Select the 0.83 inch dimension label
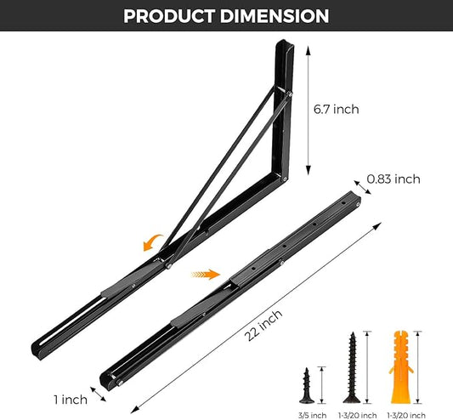tap(394, 179)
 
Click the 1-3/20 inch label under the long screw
tap(350, 414)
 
